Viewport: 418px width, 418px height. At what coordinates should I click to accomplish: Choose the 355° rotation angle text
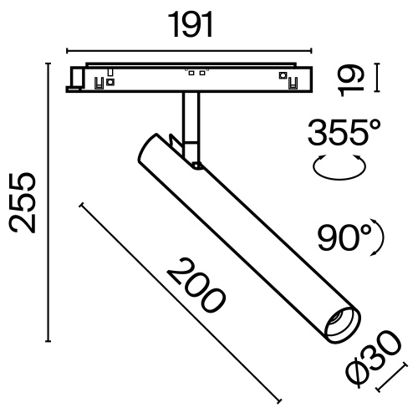click(343, 132)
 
